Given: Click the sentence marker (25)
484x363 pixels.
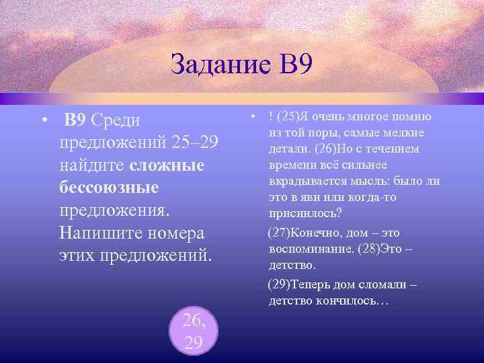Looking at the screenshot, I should click(x=286, y=118).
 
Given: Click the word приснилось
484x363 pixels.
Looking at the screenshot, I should click(x=304, y=214).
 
